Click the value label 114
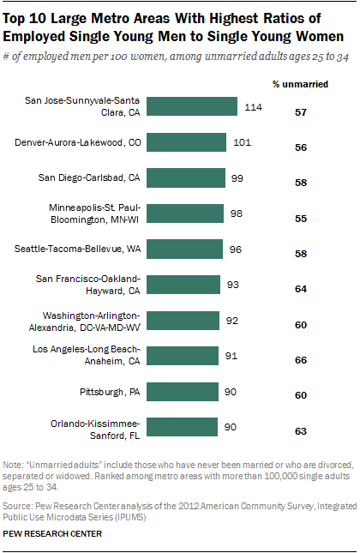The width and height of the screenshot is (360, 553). tap(252, 106)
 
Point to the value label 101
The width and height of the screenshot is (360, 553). tap(242, 142)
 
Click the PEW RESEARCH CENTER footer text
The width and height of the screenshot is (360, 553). tap(53, 533)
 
